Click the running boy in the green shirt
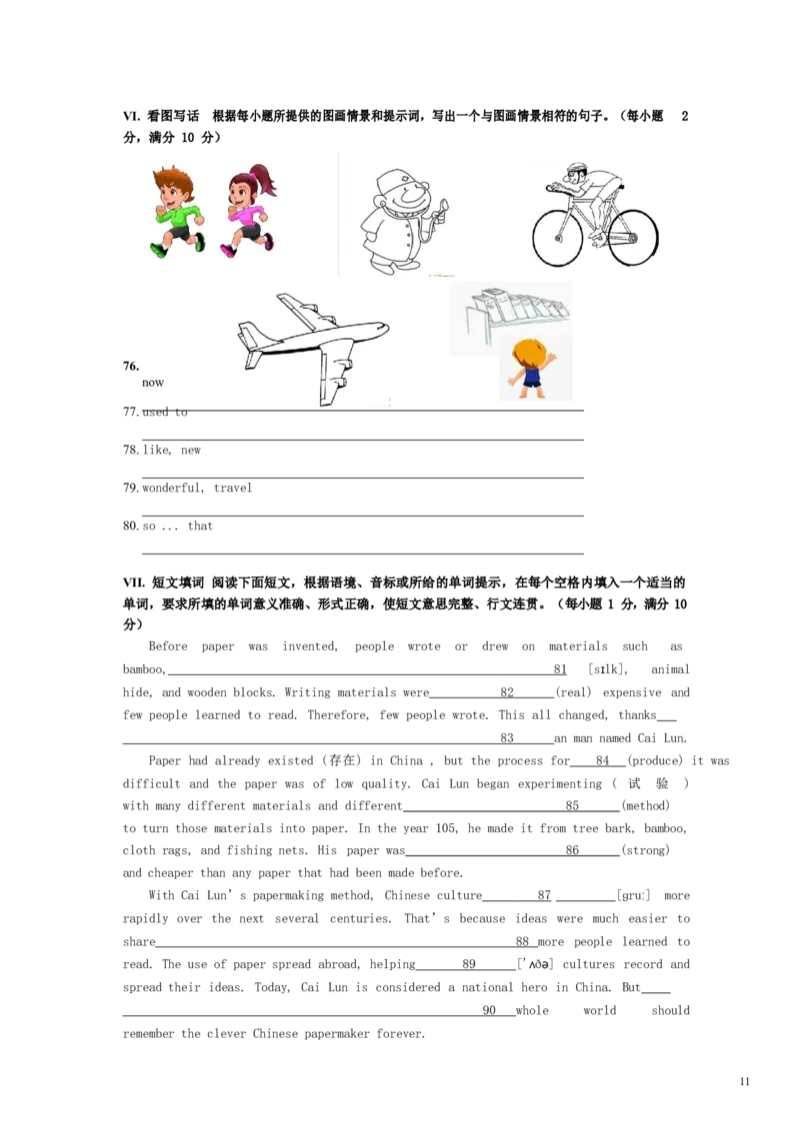click(x=176, y=211)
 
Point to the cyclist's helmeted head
click(x=576, y=171)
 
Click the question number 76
click(x=131, y=366)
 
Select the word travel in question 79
click(x=233, y=488)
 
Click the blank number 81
click(x=560, y=669)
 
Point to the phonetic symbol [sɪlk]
click(x=608, y=669)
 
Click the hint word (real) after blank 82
click(x=574, y=692)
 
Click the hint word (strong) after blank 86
click(x=645, y=850)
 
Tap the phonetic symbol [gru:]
click(x=634, y=896)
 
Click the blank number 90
click(x=489, y=1011)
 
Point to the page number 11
click(x=745, y=1081)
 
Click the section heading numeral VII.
click(x=134, y=582)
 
